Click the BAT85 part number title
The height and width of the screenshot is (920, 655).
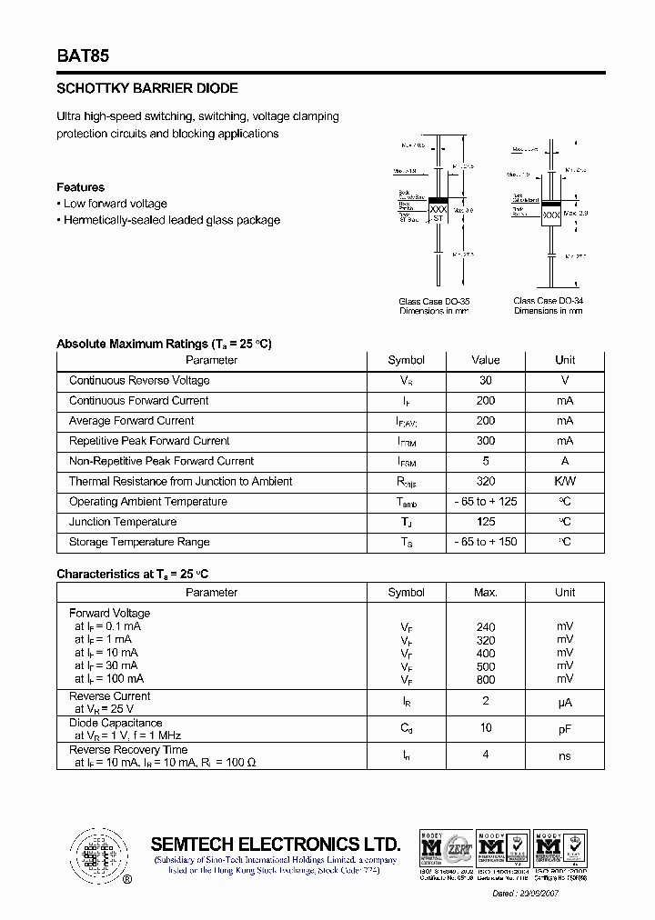pyautogui.click(x=83, y=55)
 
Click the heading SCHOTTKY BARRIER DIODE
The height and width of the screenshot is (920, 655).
pyautogui.click(x=147, y=89)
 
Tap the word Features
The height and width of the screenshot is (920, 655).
pyautogui.click(x=80, y=187)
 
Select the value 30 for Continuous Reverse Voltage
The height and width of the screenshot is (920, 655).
pyautogui.click(x=486, y=381)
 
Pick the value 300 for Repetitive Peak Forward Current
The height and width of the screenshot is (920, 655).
pyautogui.click(x=486, y=441)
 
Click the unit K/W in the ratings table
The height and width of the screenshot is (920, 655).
pyautogui.click(x=565, y=482)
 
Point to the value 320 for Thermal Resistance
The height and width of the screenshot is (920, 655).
pyautogui.click(x=486, y=482)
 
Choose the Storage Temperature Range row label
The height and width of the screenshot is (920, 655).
pyautogui.click(x=139, y=542)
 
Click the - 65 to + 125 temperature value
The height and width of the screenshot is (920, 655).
pyautogui.click(x=486, y=502)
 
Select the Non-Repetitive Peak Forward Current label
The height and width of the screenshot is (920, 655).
pyautogui.click(x=161, y=461)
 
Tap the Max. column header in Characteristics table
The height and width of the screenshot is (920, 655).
pyautogui.click(x=486, y=593)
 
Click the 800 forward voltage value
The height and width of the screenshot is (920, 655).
pyautogui.click(x=486, y=679)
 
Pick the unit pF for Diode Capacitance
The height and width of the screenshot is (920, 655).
pyautogui.click(x=565, y=728)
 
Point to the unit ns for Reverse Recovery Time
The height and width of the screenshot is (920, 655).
pyautogui.click(x=565, y=755)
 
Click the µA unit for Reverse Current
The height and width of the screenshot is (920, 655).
pyautogui.click(x=565, y=702)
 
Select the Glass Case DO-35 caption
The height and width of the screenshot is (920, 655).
pyautogui.click(x=434, y=301)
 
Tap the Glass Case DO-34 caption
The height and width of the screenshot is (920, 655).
pyautogui.click(x=549, y=301)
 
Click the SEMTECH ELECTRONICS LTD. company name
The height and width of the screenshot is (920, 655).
pyautogui.click(x=275, y=843)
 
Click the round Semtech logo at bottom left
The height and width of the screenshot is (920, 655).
pyautogui.click(x=95, y=855)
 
